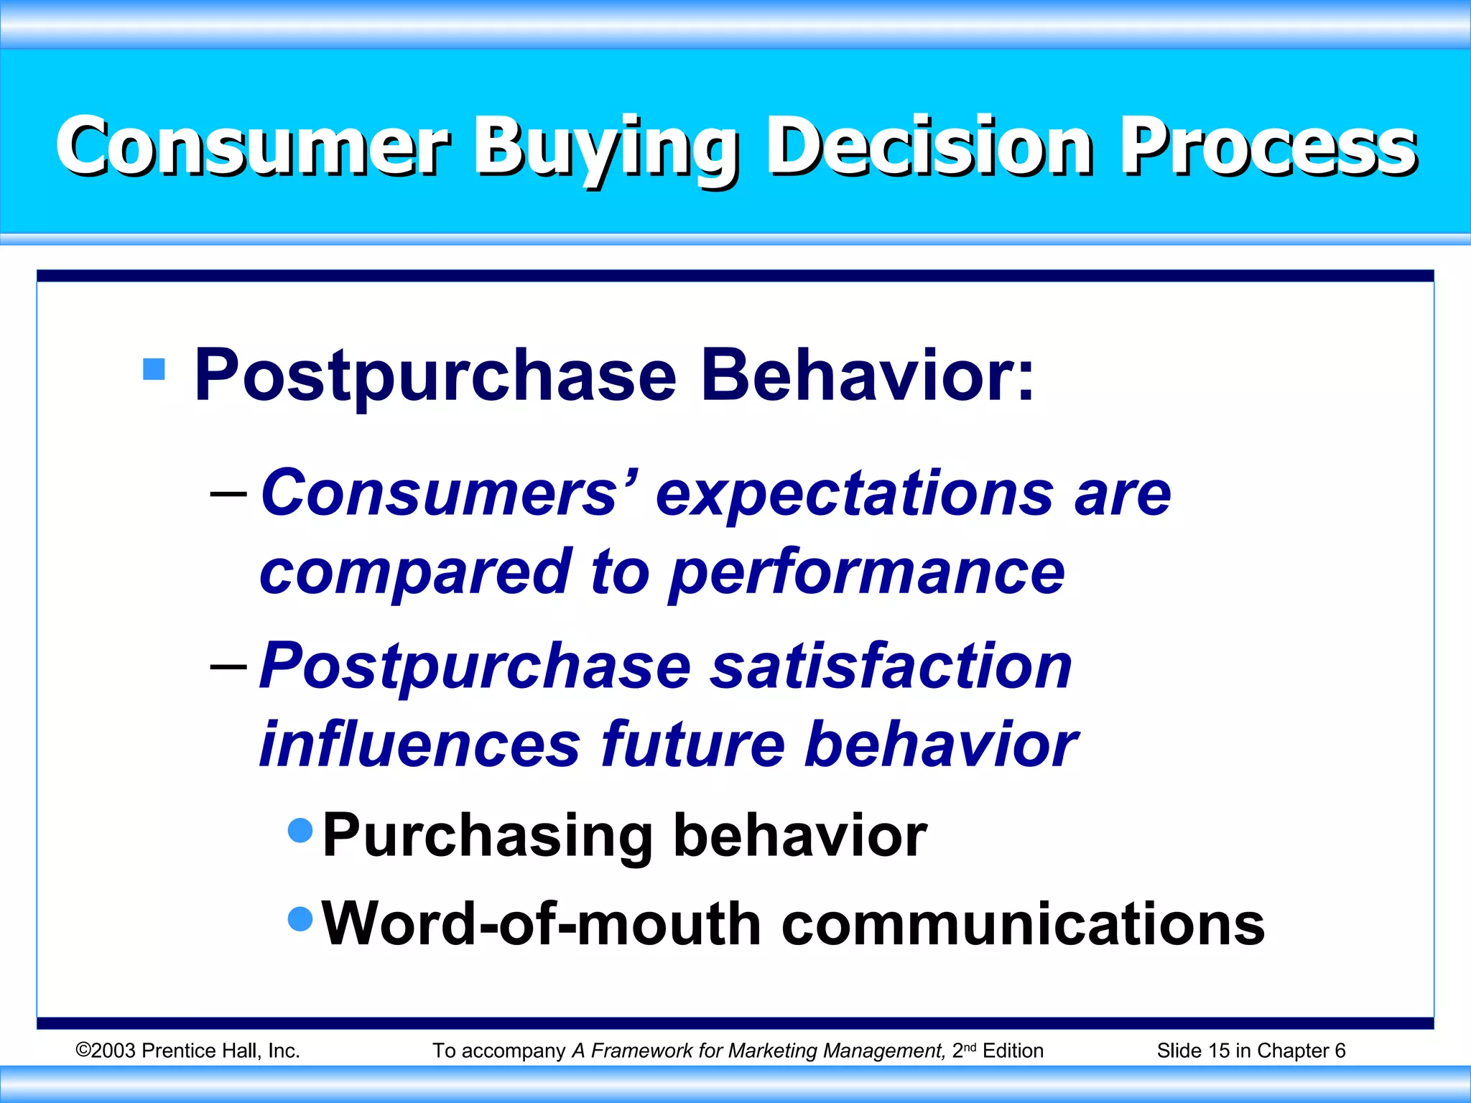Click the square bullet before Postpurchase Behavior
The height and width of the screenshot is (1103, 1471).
pos(154,369)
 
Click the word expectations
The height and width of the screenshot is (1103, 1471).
pos(855,494)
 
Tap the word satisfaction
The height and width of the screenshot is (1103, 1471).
pos(891,666)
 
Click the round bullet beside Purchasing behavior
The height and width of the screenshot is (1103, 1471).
pos(300,830)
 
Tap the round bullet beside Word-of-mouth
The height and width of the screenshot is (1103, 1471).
pos(300,918)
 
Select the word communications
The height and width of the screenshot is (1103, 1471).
pos(1023,924)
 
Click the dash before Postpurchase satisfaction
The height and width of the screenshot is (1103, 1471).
pos(228,666)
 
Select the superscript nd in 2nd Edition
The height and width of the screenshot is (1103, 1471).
pos(970,1047)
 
